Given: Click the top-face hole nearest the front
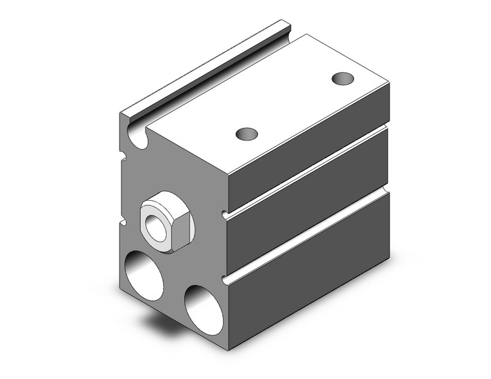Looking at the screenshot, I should (246, 134).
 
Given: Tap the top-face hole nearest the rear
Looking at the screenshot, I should (342, 79).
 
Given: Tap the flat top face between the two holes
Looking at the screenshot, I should (294, 107).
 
